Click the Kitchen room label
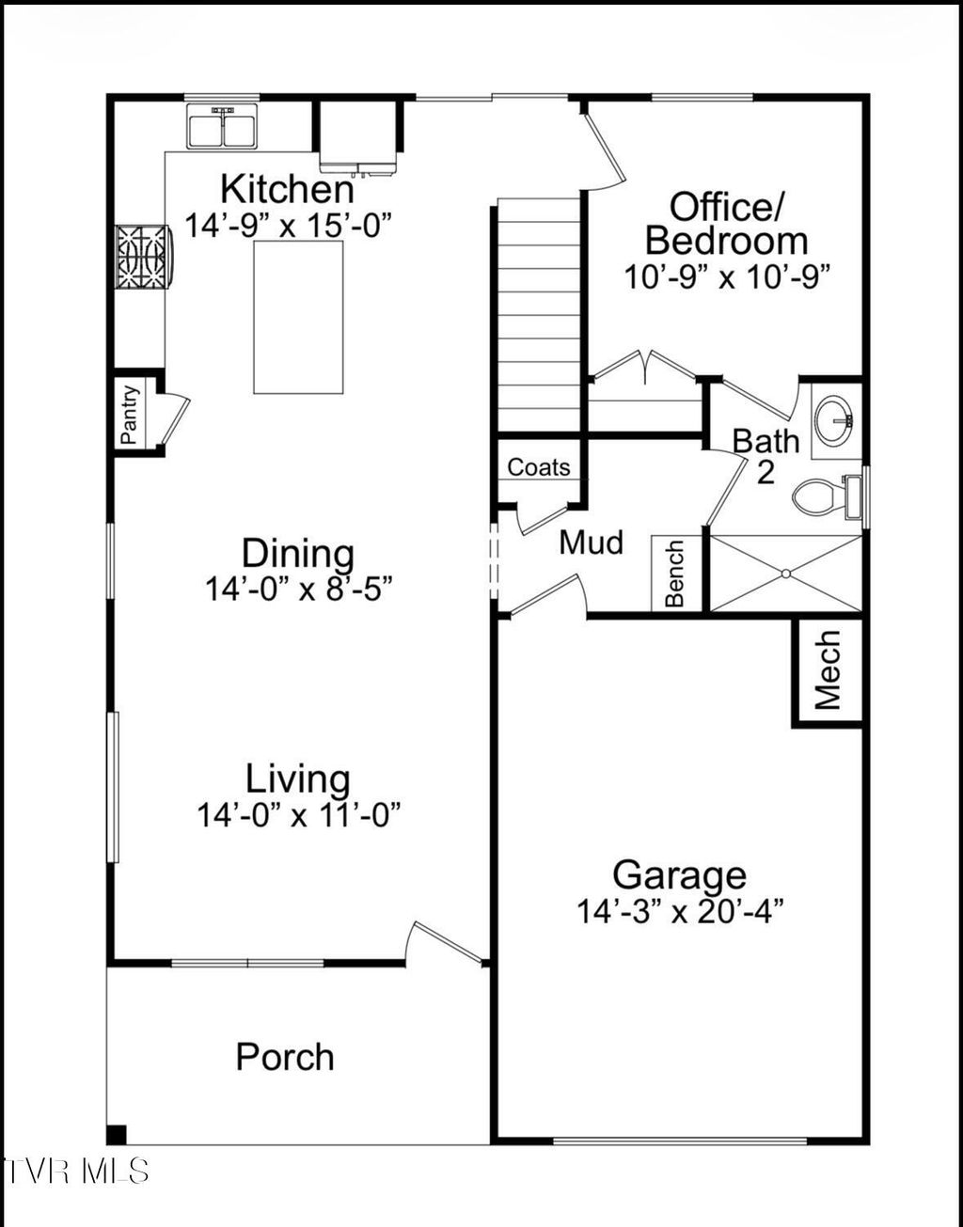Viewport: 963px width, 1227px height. click(287, 189)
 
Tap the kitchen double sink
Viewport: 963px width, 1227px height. click(223, 127)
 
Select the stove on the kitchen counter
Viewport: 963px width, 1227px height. click(143, 256)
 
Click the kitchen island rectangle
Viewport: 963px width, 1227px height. click(298, 317)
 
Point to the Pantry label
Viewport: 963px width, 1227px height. click(130, 415)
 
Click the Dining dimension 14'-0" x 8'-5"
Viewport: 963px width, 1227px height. click(298, 590)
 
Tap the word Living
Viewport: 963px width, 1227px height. click(298, 779)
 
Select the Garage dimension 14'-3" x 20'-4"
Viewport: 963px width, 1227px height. click(680, 911)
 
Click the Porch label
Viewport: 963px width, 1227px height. click(285, 1057)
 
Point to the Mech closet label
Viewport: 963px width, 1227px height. click(828, 670)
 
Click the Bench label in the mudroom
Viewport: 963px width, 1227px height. click(675, 574)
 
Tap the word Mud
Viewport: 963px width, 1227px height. click(591, 543)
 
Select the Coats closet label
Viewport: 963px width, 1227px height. click(539, 466)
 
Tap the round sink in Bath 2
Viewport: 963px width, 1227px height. click(833, 420)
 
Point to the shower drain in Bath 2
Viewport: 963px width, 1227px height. click(786, 573)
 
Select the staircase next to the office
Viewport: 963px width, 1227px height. click(539, 315)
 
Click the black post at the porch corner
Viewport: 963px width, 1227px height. click(117, 1134)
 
